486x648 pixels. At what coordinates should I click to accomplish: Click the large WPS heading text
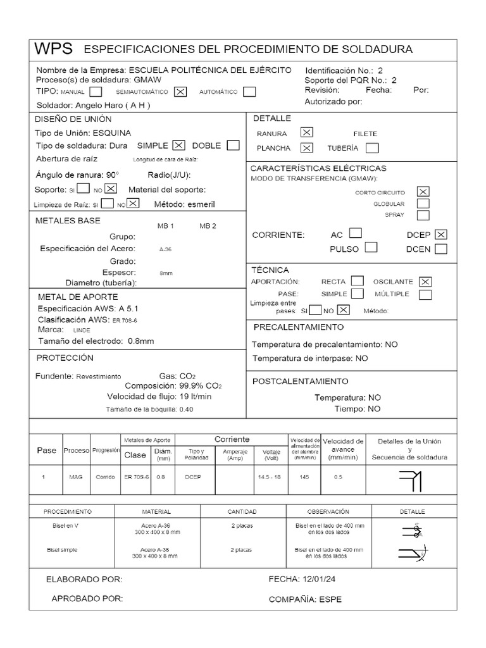click(54, 49)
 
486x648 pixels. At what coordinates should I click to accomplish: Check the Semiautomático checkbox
click(180, 91)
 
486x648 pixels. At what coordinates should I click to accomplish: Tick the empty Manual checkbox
click(96, 91)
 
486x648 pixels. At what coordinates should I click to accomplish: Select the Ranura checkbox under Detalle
click(306, 133)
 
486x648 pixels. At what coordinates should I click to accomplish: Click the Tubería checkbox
click(372, 148)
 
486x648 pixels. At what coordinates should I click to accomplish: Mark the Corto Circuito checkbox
click(423, 192)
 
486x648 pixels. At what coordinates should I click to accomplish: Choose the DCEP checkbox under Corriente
click(441, 234)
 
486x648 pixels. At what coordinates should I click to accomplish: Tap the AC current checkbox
click(356, 234)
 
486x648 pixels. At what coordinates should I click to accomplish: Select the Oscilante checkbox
click(426, 281)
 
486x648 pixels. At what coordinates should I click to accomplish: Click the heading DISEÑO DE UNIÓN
click(73, 119)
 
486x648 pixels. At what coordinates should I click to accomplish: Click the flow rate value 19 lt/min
click(187, 396)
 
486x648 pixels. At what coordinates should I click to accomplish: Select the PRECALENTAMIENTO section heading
click(299, 327)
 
